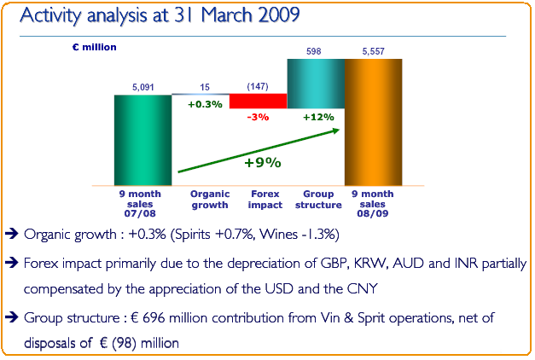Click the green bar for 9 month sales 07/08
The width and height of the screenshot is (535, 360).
tap(142, 140)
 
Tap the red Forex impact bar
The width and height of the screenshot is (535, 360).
tap(259, 101)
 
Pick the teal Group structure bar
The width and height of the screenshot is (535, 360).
tap(316, 84)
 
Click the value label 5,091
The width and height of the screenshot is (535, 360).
tap(142, 87)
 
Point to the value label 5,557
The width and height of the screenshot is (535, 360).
tap(373, 52)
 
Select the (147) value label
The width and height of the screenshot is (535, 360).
tap(258, 87)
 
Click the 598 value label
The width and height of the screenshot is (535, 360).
tap(315, 52)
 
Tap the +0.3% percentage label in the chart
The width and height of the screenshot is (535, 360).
tap(205, 104)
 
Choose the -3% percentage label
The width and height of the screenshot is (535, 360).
tap(259, 117)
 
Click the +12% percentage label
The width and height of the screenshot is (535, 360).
tap(317, 117)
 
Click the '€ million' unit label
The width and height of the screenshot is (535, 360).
tap(95, 47)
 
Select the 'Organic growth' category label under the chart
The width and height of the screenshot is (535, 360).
tap(209, 200)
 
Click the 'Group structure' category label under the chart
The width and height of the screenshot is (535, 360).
tap(317, 200)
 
